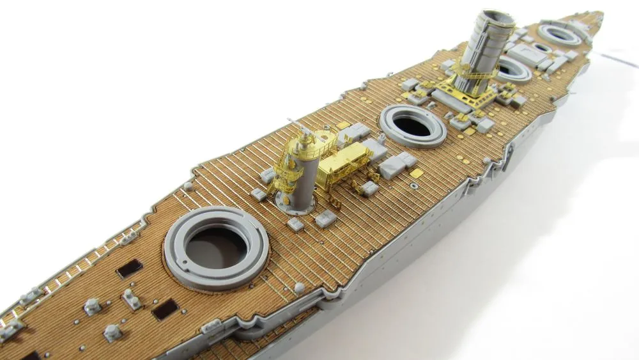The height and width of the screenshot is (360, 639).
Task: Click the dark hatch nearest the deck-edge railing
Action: (129, 269)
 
